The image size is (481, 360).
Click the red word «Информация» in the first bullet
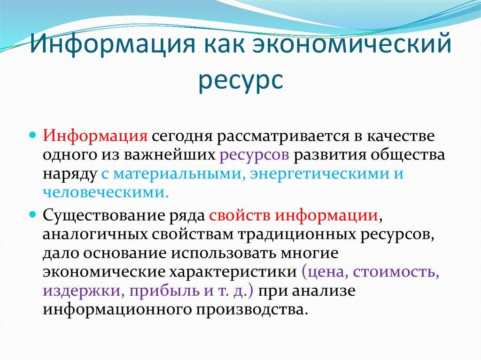tap(96, 136)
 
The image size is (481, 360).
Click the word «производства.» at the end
tap(258, 309)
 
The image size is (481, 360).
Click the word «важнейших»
tap(176, 155)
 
